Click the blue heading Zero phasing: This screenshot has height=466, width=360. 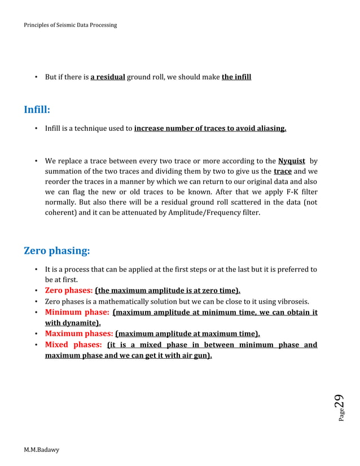coord(56,250)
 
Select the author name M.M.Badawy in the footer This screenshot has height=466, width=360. coord(41,449)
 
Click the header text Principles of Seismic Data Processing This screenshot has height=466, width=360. coord(71,25)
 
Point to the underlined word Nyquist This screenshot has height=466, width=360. coord(292,161)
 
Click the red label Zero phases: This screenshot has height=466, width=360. coord(69,291)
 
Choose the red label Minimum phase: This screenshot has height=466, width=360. coord(77,312)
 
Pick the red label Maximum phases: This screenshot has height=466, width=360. coord(79,333)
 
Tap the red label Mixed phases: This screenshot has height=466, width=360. coord(73,344)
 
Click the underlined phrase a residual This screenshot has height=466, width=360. coord(107,77)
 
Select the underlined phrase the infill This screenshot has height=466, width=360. coord(236,77)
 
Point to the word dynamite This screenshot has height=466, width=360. coord(79,323)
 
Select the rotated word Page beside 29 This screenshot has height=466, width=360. coord(341,417)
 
